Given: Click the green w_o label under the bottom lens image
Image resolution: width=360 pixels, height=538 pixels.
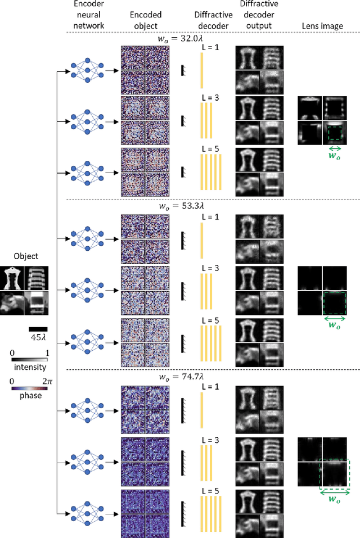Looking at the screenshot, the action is point(334,500).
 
